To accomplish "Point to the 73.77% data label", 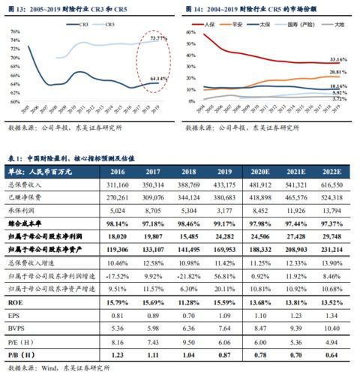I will (x=157, y=37).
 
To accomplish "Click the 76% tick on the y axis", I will (x=14, y=31).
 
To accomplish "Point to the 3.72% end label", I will (x=339, y=98).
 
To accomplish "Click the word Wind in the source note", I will (x=52, y=367).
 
